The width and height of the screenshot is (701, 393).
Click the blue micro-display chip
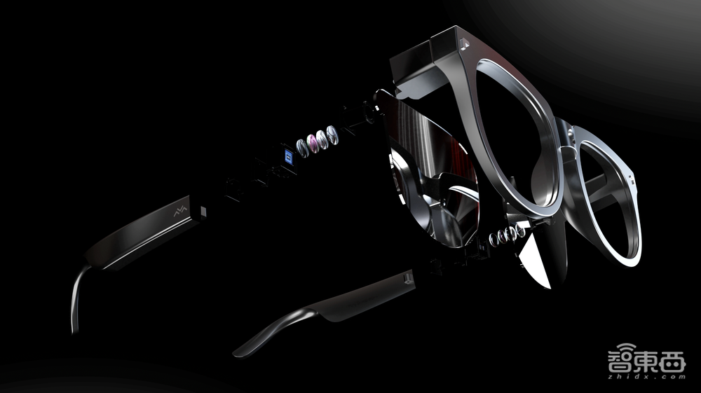[289, 157]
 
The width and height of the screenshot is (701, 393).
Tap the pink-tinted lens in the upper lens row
[313, 143]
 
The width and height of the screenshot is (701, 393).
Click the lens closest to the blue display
[303, 147]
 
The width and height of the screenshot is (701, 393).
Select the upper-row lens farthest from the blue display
[332, 135]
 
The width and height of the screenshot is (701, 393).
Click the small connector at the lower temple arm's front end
[407, 280]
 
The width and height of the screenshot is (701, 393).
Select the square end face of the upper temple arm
[203, 212]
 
